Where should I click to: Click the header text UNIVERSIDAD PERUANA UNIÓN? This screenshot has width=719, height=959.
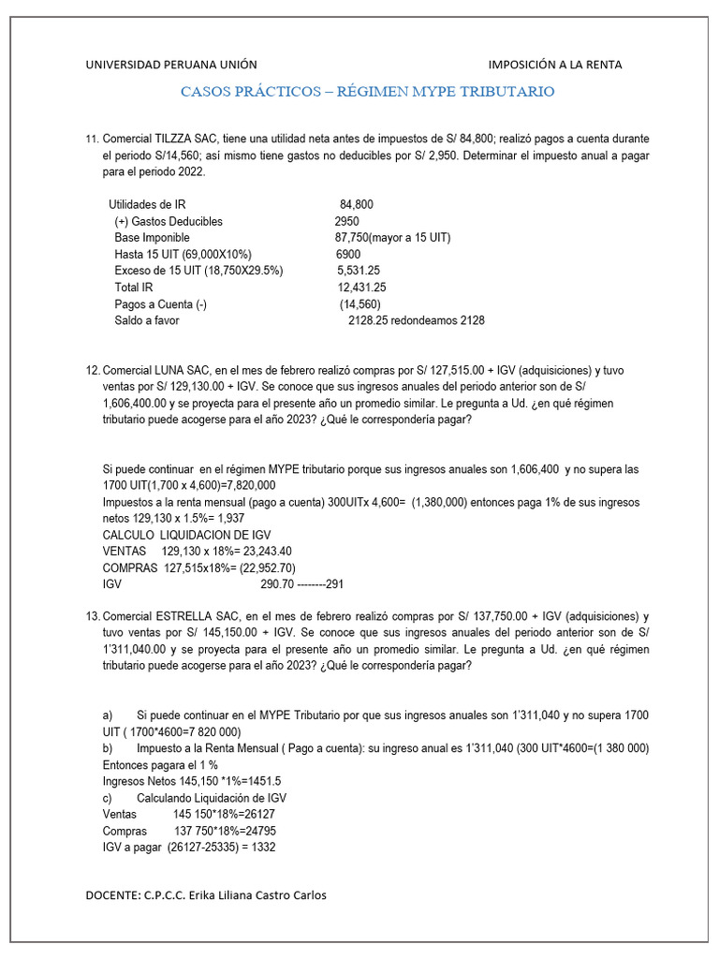[x=170, y=65]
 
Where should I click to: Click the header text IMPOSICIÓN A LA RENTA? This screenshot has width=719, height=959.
[x=555, y=65]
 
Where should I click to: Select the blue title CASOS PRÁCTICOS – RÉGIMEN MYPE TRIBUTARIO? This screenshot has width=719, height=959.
[x=367, y=92]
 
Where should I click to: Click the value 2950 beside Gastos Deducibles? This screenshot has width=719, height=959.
[x=346, y=221]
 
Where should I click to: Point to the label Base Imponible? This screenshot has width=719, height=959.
[x=152, y=238]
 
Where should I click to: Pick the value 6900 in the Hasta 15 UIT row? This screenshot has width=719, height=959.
[x=348, y=255]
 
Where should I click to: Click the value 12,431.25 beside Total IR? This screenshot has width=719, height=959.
[x=361, y=288]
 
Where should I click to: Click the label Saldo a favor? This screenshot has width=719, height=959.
[x=146, y=320]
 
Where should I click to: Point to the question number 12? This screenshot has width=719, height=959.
[x=92, y=370]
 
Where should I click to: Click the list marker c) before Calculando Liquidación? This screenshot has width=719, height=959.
[x=108, y=798]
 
